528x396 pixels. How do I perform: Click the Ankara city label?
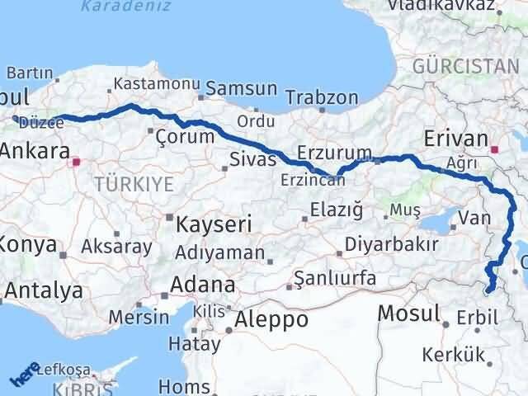[x=35, y=151]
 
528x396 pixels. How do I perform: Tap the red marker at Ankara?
[x=77, y=163]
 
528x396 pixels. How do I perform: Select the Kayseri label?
[x=207, y=224]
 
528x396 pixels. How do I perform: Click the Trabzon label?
[x=318, y=98]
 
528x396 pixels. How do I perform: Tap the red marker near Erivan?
[x=495, y=150]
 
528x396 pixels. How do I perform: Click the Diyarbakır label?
[x=389, y=245]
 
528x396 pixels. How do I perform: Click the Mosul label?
[x=408, y=313]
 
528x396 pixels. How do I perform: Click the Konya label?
[x=29, y=245]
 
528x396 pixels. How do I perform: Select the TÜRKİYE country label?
[x=134, y=184]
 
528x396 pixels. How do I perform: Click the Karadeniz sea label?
[x=125, y=7]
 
